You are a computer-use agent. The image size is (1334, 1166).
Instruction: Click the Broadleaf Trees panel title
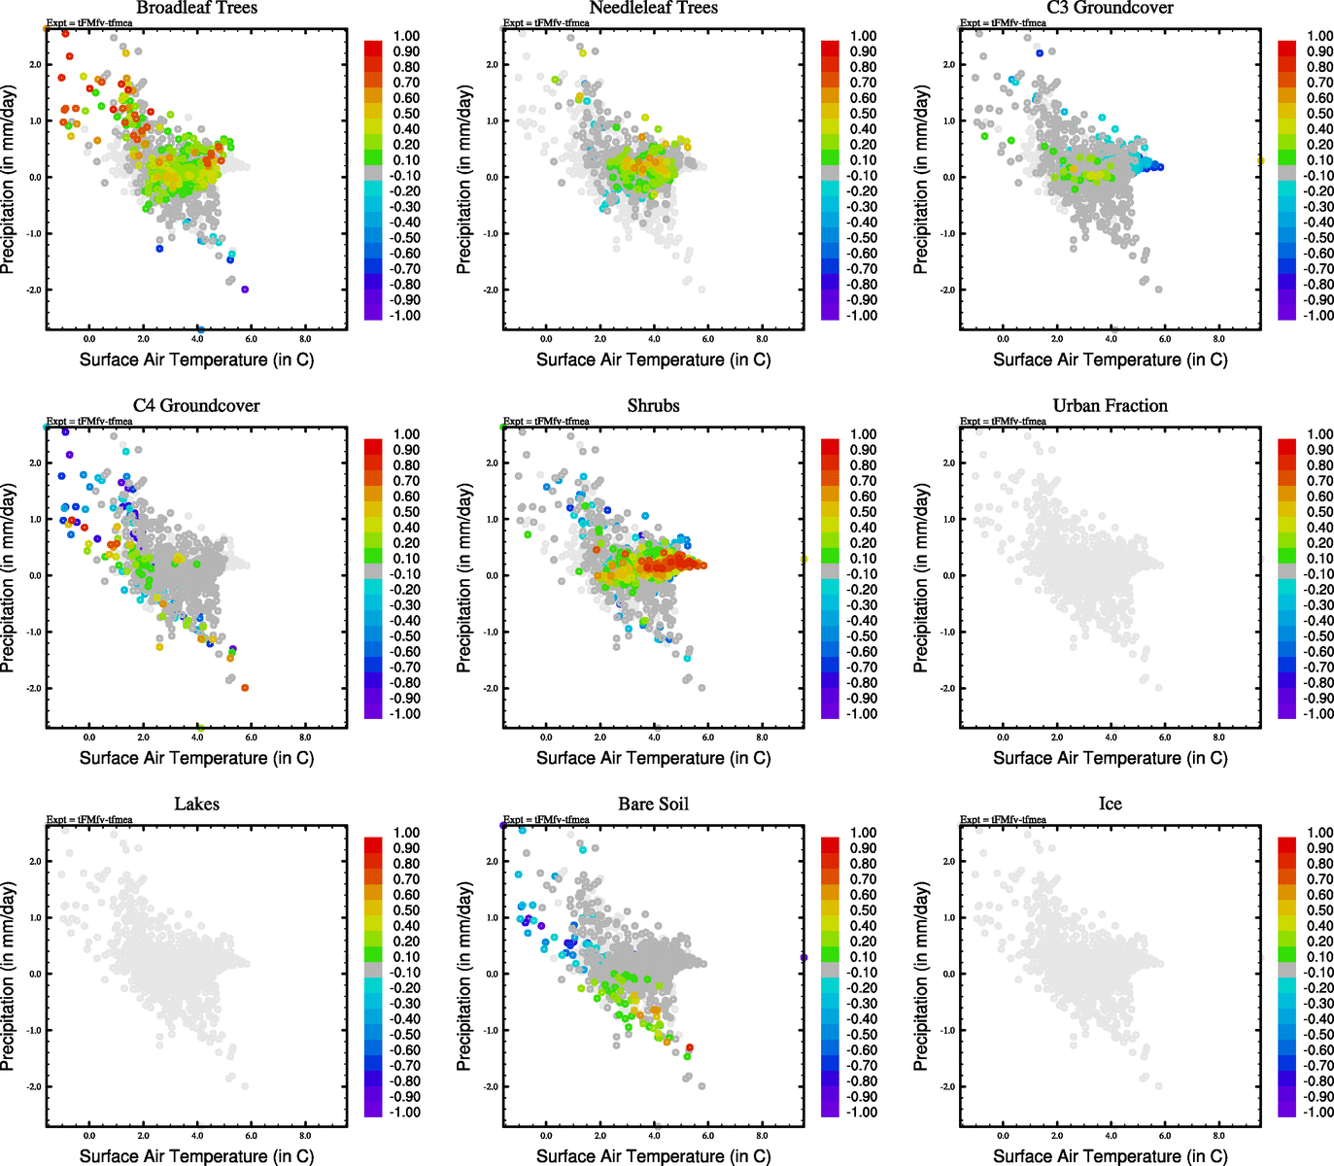(196, 8)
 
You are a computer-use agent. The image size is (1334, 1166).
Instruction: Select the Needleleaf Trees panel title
(653, 8)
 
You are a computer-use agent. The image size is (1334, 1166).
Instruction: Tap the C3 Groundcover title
(1110, 8)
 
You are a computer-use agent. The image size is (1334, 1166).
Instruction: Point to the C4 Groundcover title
(196, 405)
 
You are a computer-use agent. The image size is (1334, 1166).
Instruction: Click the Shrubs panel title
(653, 405)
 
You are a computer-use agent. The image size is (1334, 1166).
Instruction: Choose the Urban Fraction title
(1110, 405)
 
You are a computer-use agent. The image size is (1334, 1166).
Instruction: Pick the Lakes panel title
(196, 804)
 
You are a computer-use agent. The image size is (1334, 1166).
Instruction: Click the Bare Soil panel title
(653, 804)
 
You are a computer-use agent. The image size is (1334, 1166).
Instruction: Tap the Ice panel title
(1110, 804)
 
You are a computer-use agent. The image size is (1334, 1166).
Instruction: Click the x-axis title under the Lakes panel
(196, 1155)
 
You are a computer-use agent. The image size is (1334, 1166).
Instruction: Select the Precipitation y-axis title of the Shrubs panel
(464, 578)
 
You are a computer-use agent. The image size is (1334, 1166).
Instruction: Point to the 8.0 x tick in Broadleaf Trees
(305, 339)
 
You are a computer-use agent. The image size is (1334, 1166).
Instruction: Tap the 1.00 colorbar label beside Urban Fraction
(1319, 434)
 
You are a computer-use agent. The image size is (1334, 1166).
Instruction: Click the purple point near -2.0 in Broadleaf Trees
(245, 290)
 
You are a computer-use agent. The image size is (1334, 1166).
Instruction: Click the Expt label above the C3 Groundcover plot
(1003, 22)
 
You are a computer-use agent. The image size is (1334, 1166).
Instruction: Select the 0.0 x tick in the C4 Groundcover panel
(89, 737)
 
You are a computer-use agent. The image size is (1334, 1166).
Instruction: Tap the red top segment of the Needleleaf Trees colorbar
(830, 48)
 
